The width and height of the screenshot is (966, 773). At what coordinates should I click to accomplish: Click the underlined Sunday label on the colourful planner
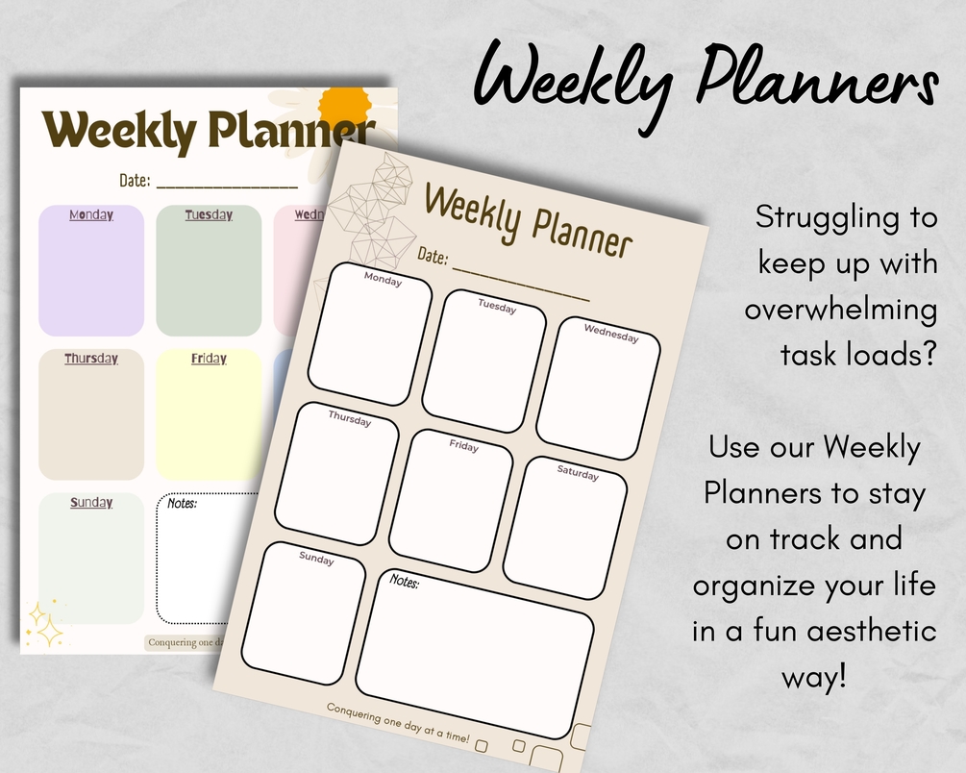[91, 503]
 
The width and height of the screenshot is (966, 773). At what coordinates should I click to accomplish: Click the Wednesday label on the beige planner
[611, 333]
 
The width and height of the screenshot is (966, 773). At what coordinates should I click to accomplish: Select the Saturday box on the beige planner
[565, 529]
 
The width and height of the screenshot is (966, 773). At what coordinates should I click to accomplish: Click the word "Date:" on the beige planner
[433, 256]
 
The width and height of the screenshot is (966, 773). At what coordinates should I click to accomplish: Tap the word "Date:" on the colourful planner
[135, 180]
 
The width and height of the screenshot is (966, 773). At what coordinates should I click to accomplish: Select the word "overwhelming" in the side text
[840, 309]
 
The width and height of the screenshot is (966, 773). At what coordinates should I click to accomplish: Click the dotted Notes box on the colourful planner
[197, 558]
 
